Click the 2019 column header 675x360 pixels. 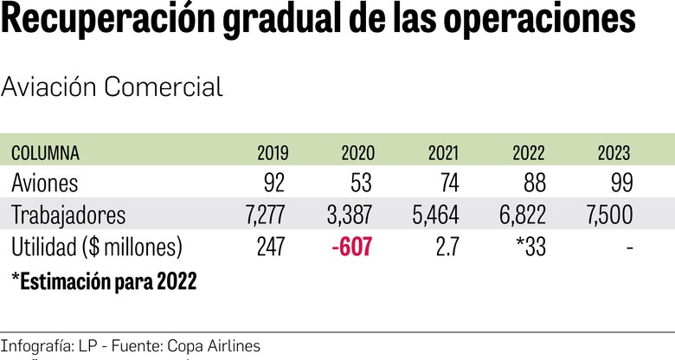[273, 153]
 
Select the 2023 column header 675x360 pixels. [614, 153]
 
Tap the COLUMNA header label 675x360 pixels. [45, 153]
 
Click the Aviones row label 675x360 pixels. [45, 183]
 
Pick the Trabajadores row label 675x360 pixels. [68, 215]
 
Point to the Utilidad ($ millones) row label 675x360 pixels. [96, 247]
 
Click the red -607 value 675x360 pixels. [351, 247]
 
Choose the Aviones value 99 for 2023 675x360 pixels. [620, 183]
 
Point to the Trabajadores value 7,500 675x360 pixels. [604, 215]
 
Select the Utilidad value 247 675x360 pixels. [270, 247]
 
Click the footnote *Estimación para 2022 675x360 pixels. [104, 281]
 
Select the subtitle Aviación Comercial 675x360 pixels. [112, 87]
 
